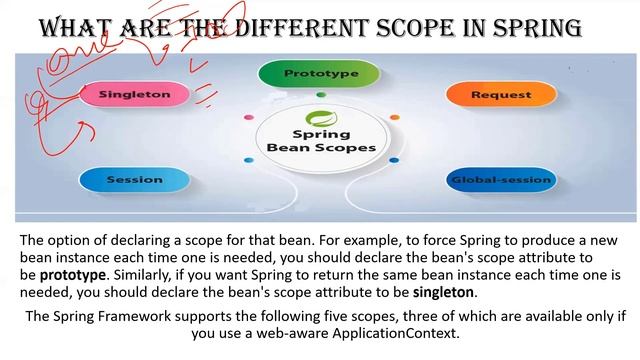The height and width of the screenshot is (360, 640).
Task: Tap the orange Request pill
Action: point(493,95)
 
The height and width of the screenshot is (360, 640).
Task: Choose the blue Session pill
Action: point(134,180)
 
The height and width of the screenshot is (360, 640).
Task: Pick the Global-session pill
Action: point(500,180)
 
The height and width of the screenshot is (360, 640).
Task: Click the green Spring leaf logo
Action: point(320,116)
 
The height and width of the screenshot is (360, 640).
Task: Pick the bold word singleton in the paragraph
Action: point(444,292)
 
